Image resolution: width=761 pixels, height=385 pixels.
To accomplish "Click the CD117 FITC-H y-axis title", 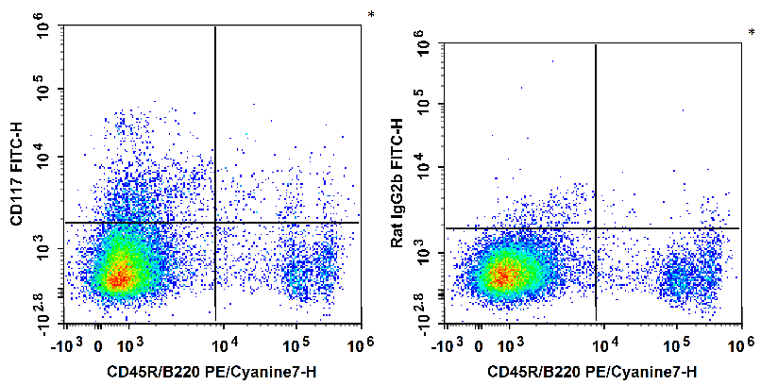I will (x=17, y=175).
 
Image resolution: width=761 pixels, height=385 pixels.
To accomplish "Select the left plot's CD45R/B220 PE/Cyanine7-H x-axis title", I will (x=211, y=372).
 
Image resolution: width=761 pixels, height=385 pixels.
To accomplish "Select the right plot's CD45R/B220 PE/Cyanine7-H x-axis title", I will (x=592, y=372).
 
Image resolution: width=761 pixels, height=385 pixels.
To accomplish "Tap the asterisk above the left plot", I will (x=371, y=15).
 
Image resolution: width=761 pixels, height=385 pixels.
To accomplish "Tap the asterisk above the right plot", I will (x=752, y=33).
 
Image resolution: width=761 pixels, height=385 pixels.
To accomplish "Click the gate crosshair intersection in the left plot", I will (x=216, y=223).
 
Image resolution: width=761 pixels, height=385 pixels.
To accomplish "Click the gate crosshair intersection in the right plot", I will (x=596, y=228).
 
